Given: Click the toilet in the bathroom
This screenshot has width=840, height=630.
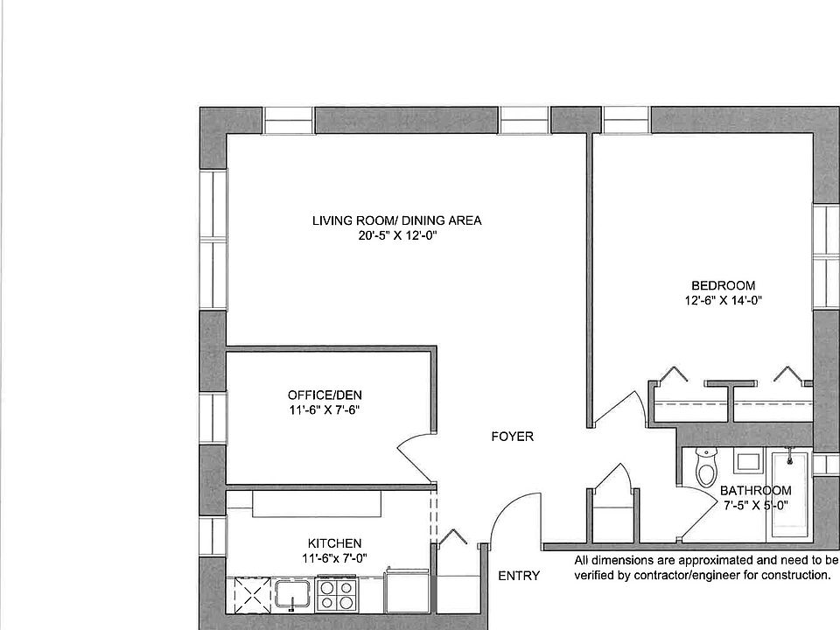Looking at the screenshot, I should pos(704,468).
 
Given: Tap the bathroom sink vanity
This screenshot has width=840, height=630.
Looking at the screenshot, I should pos(746,461).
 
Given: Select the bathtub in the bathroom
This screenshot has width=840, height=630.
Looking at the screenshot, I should pos(790,494).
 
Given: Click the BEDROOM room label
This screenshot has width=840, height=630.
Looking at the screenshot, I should pos(723,285).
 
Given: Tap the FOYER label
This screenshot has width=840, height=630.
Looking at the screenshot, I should pos(512,437).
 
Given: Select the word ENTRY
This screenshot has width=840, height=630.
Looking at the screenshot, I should pos(519,576).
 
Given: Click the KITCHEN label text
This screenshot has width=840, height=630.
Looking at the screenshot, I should pos(334,543).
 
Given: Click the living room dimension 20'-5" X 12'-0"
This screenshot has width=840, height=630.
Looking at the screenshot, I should pos(396,236).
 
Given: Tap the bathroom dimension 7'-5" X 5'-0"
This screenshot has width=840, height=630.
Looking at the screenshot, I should pos(755,505).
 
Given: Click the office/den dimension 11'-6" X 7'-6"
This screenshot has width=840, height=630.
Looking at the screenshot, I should pos(323,409).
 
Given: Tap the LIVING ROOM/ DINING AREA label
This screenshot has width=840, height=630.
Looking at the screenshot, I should pos(396,220).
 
